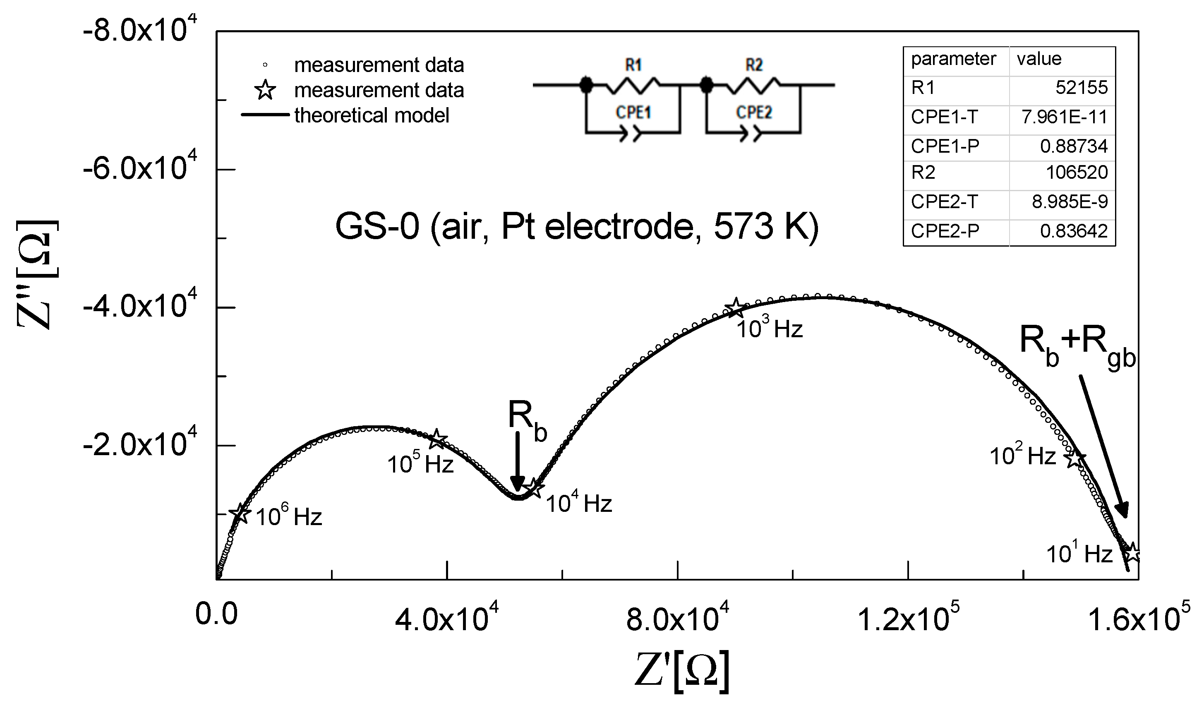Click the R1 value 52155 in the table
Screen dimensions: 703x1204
[x=1081, y=87]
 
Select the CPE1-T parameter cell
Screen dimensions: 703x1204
[x=944, y=117]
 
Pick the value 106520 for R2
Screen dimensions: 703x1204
[x=1077, y=172]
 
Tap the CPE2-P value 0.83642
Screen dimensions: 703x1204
[x=1074, y=231]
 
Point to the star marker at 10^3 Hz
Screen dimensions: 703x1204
[x=735, y=308]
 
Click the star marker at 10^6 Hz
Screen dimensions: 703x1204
[x=240, y=513]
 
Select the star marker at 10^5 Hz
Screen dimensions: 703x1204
[x=438, y=439]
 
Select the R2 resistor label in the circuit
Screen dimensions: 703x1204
[x=753, y=65]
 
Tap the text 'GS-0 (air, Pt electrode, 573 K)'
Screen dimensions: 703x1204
[x=577, y=226]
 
